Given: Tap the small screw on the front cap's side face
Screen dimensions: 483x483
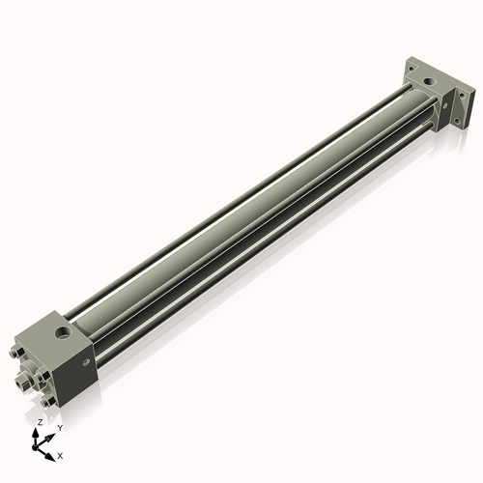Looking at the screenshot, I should pyautogui.click(x=87, y=364).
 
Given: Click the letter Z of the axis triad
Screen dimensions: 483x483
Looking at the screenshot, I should pyautogui.click(x=39, y=422).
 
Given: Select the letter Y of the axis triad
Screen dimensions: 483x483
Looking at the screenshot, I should pyautogui.click(x=59, y=428).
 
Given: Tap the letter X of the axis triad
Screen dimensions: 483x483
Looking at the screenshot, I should pyautogui.click(x=60, y=454).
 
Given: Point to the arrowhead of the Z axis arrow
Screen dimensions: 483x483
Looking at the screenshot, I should pyautogui.click(x=37, y=433).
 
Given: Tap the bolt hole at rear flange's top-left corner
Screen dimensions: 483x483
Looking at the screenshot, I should pyautogui.click(x=412, y=70).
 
